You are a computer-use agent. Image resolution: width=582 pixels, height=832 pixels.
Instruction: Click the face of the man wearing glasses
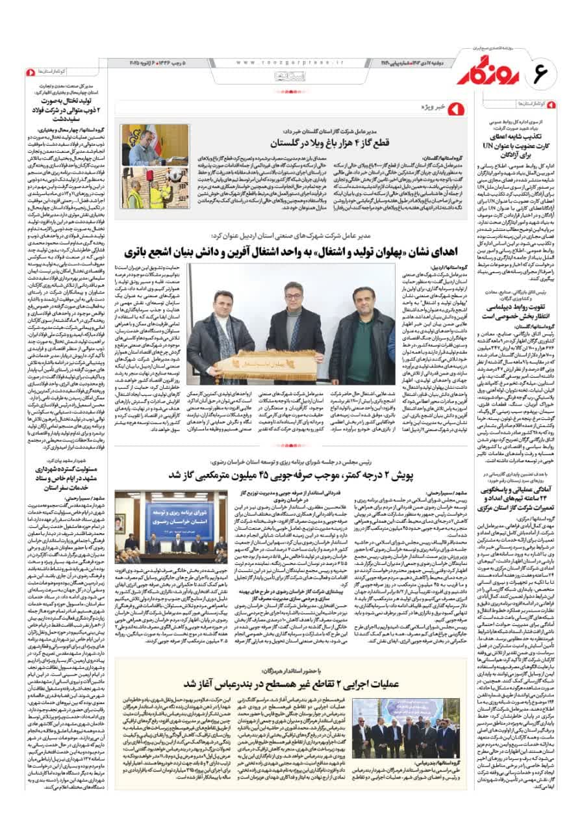click(285, 297)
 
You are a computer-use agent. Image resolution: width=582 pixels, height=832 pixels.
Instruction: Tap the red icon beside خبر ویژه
click(455, 107)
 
